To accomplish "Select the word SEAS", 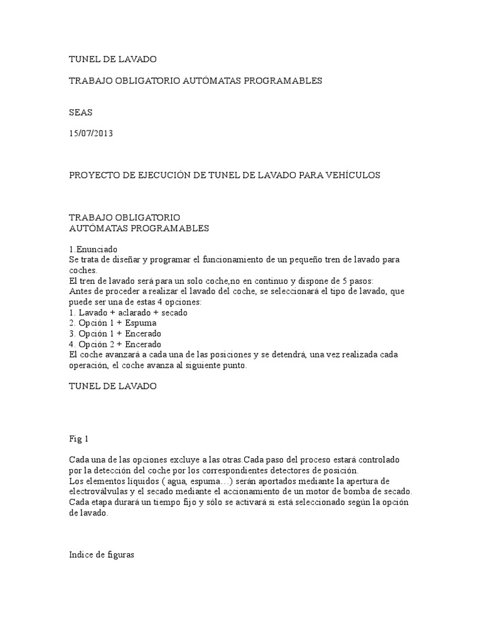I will [x=80, y=112].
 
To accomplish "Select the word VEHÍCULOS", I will [x=352, y=175].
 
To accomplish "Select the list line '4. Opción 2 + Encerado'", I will [x=115, y=344].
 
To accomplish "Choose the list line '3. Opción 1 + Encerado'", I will [x=115, y=333].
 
